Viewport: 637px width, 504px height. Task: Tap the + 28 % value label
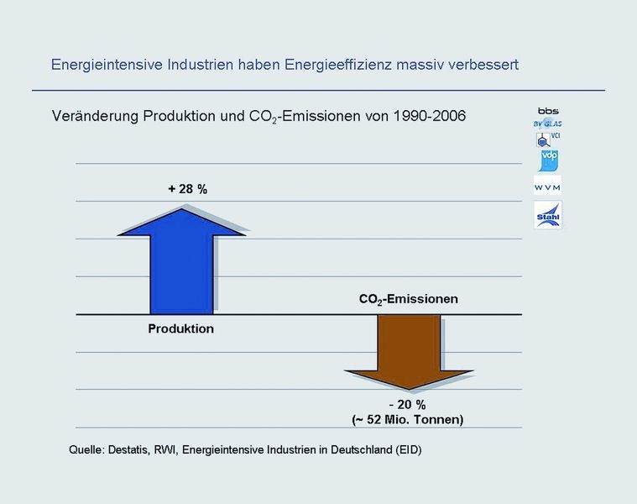click(x=187, y=189)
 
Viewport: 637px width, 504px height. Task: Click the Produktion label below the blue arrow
click(x=181, y=328)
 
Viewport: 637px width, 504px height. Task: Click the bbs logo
click(x=547, y=111)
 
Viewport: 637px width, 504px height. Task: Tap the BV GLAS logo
click(x=547, y=123)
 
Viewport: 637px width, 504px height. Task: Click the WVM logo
click(x=547, y=187)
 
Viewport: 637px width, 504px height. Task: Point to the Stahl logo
click(x=547, y=216)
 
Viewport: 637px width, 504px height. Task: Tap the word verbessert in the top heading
click(x=483, y=65)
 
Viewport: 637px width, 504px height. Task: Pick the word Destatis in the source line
click(x=133, y=450)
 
